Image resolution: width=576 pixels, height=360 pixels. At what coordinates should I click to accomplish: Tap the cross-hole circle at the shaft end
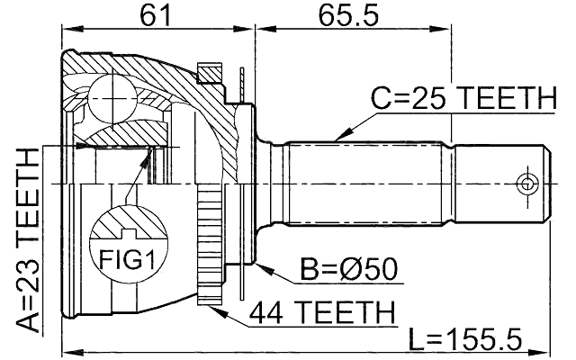click(x=525, y=184)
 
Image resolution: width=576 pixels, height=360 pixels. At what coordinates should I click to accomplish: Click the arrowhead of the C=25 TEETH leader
click(x=335, y=138)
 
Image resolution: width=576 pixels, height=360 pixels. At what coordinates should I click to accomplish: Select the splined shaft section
click(x=369, y=184)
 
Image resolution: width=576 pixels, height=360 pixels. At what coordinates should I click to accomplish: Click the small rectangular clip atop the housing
click(x=209, y=69)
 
